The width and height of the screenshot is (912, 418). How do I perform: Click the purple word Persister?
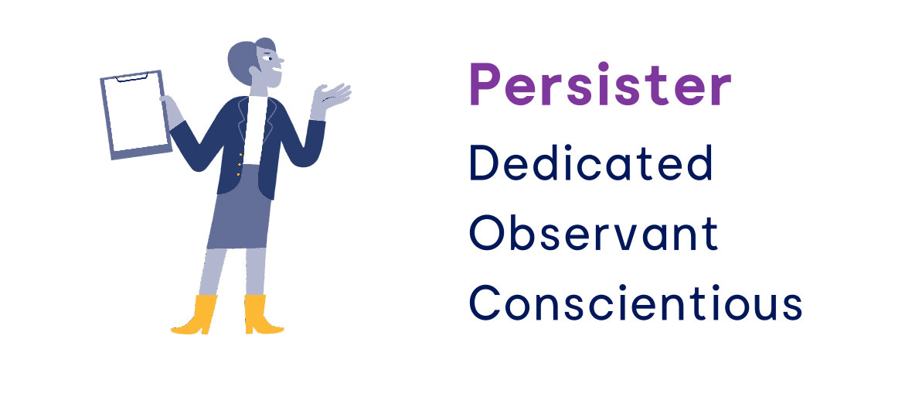[x=600, y=84]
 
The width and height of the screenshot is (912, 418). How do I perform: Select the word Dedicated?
[x=591, y=163]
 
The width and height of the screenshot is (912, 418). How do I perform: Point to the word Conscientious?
[x=636, y=303]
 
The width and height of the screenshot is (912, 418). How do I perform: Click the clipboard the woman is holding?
[x=135, y=115]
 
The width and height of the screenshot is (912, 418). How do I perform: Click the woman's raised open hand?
[x=329, y=100]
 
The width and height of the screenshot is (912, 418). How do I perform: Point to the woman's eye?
[x=269, y=57]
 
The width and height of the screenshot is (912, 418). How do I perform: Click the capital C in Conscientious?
[x=485, y=303]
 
